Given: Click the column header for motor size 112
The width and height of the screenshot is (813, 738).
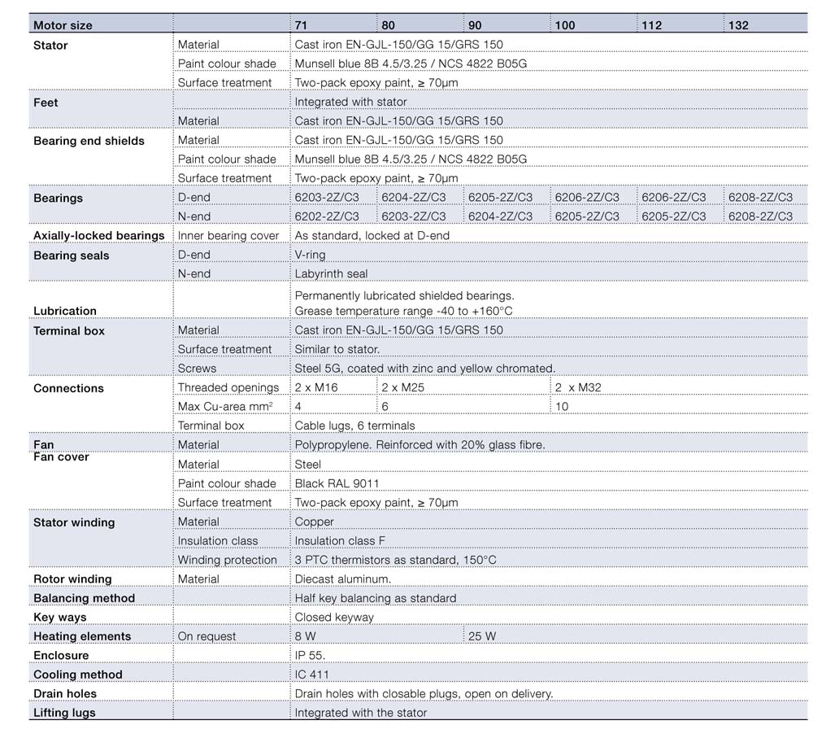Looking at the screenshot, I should pyautogui.click(x=652, y=25).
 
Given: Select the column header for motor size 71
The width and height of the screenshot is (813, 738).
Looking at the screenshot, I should pyautogui.click(x=302, y=25).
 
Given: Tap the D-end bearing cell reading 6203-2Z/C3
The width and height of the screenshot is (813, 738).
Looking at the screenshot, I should pyautogui.click(x=327, y=198).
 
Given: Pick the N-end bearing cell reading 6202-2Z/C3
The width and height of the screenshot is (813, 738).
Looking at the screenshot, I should pyautogui.click(x=327, y=216).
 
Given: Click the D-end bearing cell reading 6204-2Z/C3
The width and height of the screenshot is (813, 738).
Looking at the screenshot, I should pyautogui.click(x=414, y=198).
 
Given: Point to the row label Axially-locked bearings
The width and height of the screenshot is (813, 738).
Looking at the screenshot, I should pyautogui.click(x=99, y=236).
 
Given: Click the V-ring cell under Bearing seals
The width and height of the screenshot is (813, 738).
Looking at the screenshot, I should pyautogui.click(x=310, y=255).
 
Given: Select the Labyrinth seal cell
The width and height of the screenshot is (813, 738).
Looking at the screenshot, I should pyautogui.click(x=331, y=274).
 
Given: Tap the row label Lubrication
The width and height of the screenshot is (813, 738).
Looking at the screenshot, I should pyautogui.click(x=65, y=311).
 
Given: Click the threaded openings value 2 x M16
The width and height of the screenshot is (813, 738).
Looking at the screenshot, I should pyautogui.click(x=316, y=388).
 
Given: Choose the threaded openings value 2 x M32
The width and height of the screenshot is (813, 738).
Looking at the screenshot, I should pyautogui.click(x=578, y=388).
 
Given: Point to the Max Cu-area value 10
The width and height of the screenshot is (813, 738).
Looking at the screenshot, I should pyautogui.click(x=562, y=407).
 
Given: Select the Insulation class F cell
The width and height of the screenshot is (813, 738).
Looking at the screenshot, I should pyautogui.click(x=340, y=541).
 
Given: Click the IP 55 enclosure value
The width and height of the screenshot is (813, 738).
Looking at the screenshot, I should pyautogui.click(x=311, y=655).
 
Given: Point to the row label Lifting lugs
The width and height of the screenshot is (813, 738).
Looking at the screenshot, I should pyautogui.click(x=64, y=713).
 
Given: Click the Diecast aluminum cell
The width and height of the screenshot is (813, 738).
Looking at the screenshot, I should pyautogui.click(x=343, y=579).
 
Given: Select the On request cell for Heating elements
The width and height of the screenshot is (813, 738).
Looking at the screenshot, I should pyautogui.click(x=207, y=636).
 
